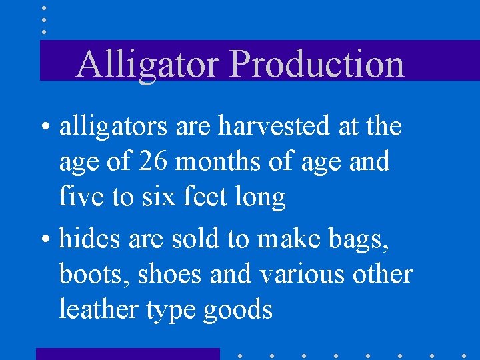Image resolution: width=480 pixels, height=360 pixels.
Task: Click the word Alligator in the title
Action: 149,65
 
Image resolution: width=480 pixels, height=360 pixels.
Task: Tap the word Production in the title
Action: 317,65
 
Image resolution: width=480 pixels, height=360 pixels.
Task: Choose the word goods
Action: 239,311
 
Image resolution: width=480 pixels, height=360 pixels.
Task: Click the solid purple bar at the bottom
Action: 127,353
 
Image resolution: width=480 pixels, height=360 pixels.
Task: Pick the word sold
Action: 197,238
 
